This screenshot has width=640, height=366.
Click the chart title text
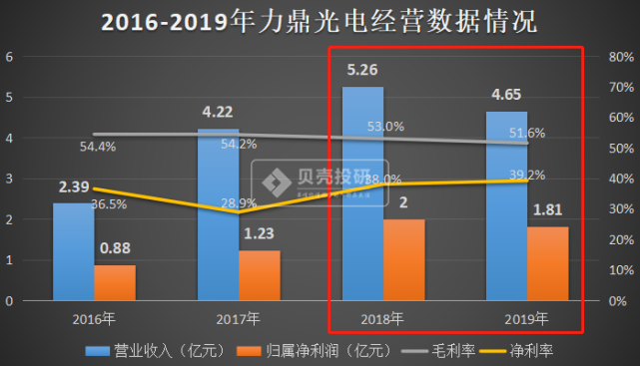click(319, 22)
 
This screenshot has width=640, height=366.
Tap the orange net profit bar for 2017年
click(260, 275)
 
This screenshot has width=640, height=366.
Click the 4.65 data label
click(506, 97)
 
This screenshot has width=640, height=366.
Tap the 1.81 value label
click(548, 211)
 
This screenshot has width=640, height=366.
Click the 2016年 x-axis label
click(93, 318)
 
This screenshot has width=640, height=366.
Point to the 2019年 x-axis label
click(526, 318)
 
